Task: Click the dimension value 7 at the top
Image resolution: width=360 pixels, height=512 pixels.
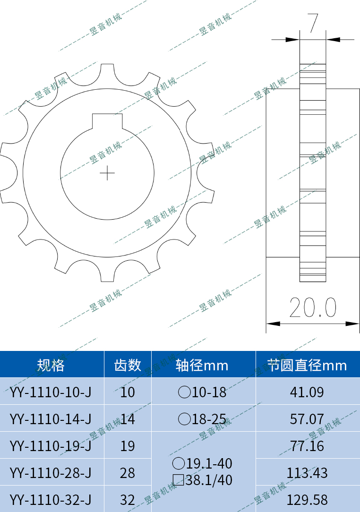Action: coord(312,23)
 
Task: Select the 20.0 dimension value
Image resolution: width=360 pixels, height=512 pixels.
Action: coord(313,308)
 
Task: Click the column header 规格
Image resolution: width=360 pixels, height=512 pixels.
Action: coord(51,365)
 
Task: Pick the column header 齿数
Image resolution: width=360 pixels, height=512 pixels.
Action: coord(128,365)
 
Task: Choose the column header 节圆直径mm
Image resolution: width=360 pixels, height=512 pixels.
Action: coord(307,365)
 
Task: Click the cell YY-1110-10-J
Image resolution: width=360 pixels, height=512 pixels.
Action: coord(51,392)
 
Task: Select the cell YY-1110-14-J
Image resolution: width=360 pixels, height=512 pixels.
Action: coord(51,419)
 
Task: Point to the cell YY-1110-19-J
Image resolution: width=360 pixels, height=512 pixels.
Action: coord(51,446)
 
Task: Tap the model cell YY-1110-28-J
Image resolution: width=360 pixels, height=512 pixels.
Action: coord(51,473)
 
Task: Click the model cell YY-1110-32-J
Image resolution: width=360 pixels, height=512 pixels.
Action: coord(51,500)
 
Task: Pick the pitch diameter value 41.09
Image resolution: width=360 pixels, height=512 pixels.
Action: coord(307,392)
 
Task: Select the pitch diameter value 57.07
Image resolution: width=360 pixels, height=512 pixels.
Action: coord(307,419)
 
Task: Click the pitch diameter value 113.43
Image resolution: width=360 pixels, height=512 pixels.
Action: coord(307,473)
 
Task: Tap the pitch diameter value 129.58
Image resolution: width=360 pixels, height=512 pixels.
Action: coord(307,500)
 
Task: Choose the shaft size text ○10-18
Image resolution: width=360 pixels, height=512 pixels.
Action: coord(203,392)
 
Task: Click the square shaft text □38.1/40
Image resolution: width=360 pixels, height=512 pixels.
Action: coord(203,480)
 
